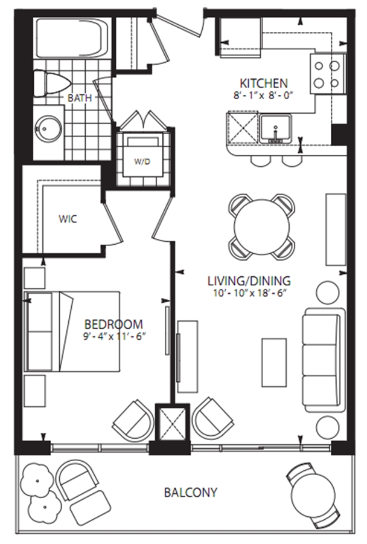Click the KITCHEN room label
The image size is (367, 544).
coord(264,83)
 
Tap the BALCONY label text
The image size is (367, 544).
coord(191,492)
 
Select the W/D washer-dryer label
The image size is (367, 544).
coord(142,161)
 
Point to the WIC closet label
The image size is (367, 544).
coord(68,219)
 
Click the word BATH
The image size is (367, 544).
coord(80,98)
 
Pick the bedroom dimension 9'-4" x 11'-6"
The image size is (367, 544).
coord(113,337)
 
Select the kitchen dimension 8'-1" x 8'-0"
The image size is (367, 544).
coord(263,96)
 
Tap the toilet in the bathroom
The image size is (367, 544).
coord(51,84)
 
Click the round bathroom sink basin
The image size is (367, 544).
coord(49,128)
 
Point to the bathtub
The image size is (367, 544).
coord(73,38)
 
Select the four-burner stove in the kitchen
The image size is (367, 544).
coord(328,74)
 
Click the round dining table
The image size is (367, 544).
coord(261,227)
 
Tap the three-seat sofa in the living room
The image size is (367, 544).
coord(324,360)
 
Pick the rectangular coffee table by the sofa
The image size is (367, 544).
coord(274,363)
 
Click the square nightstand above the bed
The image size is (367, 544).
coord(34,278)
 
